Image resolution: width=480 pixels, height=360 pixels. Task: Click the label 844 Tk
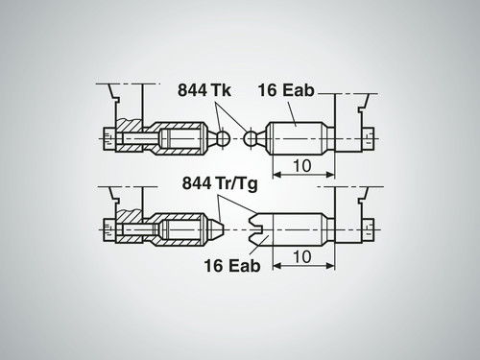tap(204, 90)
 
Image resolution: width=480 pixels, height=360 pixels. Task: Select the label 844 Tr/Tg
tap(220, 183)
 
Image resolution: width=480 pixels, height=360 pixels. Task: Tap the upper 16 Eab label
tap(286, 90)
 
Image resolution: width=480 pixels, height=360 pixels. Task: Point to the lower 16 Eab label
tap(232, 266)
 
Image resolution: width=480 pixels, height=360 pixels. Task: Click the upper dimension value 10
tap(301, 165)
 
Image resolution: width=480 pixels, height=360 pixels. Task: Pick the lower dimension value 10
tap(301, 256)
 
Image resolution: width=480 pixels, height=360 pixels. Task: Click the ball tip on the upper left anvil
tap(223, 138)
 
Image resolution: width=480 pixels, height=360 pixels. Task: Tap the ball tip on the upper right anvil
tap(251, 138)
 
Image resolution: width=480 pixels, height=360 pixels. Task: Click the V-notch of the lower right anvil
tap(256, 229)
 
